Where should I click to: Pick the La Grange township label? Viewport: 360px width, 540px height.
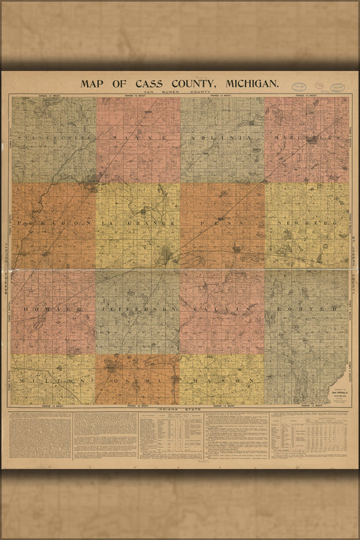coord(138,223)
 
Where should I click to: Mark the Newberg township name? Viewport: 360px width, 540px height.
coord(307,223)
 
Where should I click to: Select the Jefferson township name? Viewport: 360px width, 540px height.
coord(138,309)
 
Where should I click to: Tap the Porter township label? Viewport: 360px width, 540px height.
coord(307,309)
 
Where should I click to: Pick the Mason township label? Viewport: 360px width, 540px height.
coord(222,380)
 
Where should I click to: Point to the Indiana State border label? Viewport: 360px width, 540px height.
coord(179,408)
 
